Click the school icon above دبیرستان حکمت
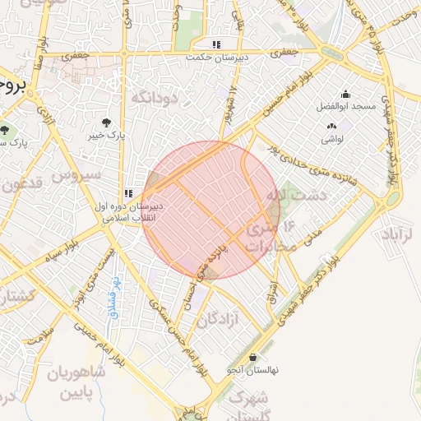[216, 45]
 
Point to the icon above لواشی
[331, 127]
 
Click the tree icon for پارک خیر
[107, 122]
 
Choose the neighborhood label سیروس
[77, 175]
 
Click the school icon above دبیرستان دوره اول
[127, 193]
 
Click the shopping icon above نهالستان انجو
[252, 358]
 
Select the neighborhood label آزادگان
[218, 318]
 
